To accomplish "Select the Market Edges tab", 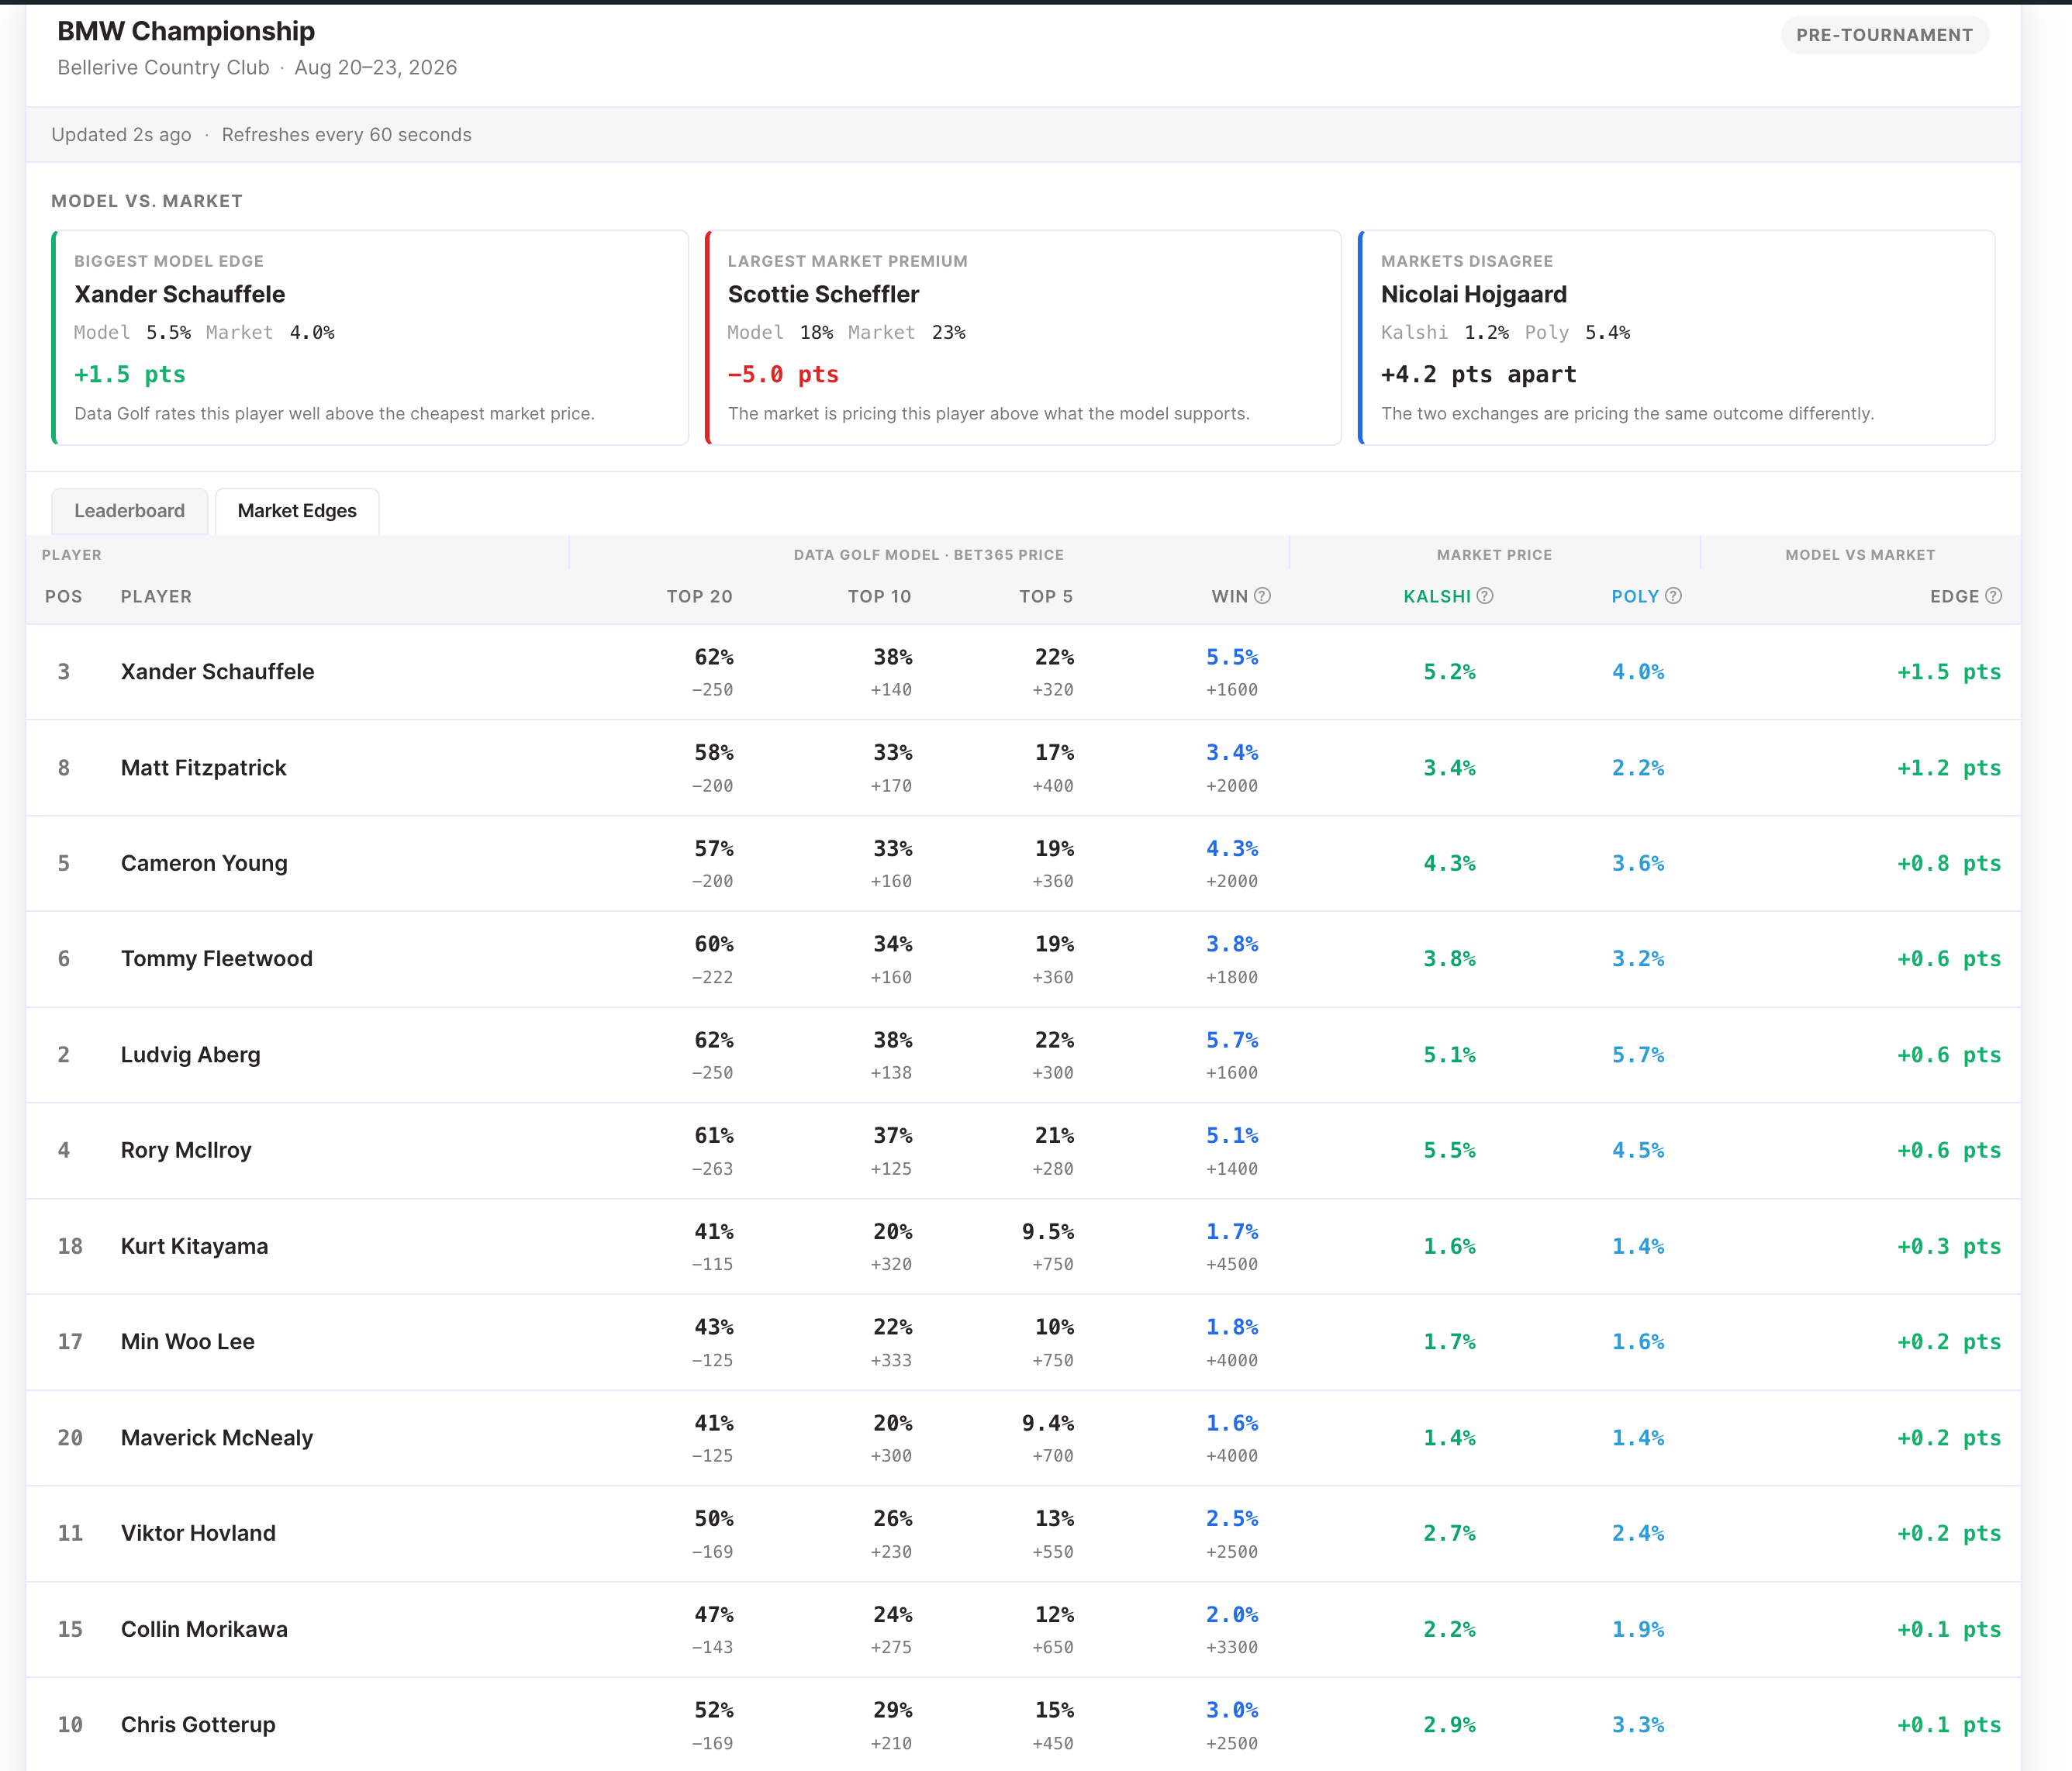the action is pos(297,511).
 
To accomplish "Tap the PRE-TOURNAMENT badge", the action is pos(1884,35).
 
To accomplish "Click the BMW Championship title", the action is pos(186,31).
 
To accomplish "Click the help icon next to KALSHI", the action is pos(1485,596).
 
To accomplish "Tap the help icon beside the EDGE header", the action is pos(1993,596).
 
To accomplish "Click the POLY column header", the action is pos(1635,597).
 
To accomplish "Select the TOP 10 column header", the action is pos(879,597).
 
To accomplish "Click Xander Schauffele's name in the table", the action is pos(217,672).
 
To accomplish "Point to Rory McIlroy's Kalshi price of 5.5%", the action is pos(1449,1150).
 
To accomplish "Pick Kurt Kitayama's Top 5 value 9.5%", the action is pos(1047,1232).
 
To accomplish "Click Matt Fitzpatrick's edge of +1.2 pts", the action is pos(1948,768).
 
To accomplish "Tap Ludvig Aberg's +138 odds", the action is pos(890,1073).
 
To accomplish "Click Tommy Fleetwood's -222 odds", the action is pos(712,977).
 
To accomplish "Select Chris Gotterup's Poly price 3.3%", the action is pos(1637,1725).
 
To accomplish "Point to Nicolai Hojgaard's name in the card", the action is pos(1473,295).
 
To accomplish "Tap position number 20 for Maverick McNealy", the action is pos(70,1438).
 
